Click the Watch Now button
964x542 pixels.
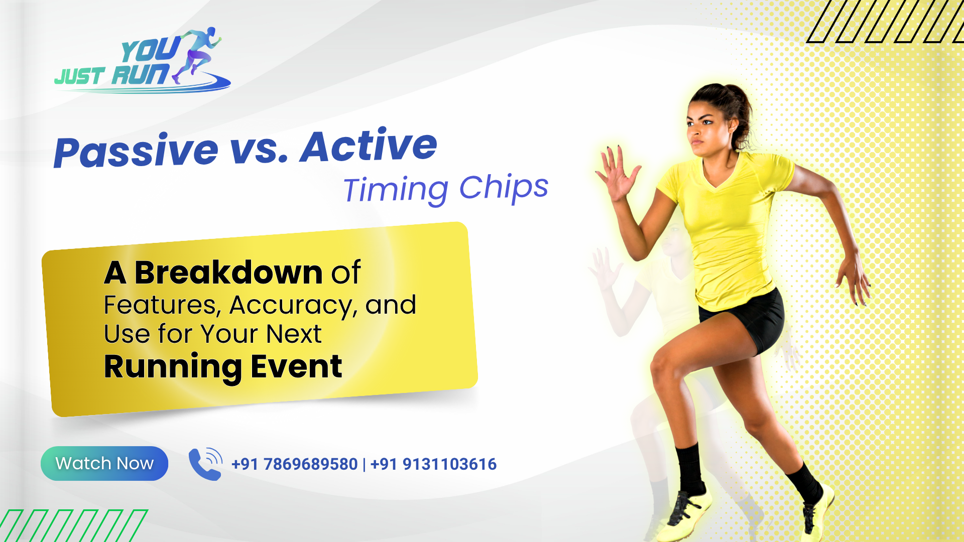[104, 463]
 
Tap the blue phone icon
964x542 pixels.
[205, 464]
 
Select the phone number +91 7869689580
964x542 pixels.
[294, 464]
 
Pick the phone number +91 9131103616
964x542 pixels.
[433, 464]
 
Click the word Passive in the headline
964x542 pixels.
[136, 151]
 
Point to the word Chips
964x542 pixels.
[504, 188]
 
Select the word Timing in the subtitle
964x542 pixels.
[396, 191]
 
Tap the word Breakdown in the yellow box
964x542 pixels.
[228, 273]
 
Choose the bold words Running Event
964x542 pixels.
[223, 367]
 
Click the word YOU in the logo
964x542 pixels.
[150, 51]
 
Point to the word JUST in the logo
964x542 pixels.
[80, 76]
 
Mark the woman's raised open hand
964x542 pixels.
[617, 173]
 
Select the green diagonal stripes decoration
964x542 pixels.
[74, 525]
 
